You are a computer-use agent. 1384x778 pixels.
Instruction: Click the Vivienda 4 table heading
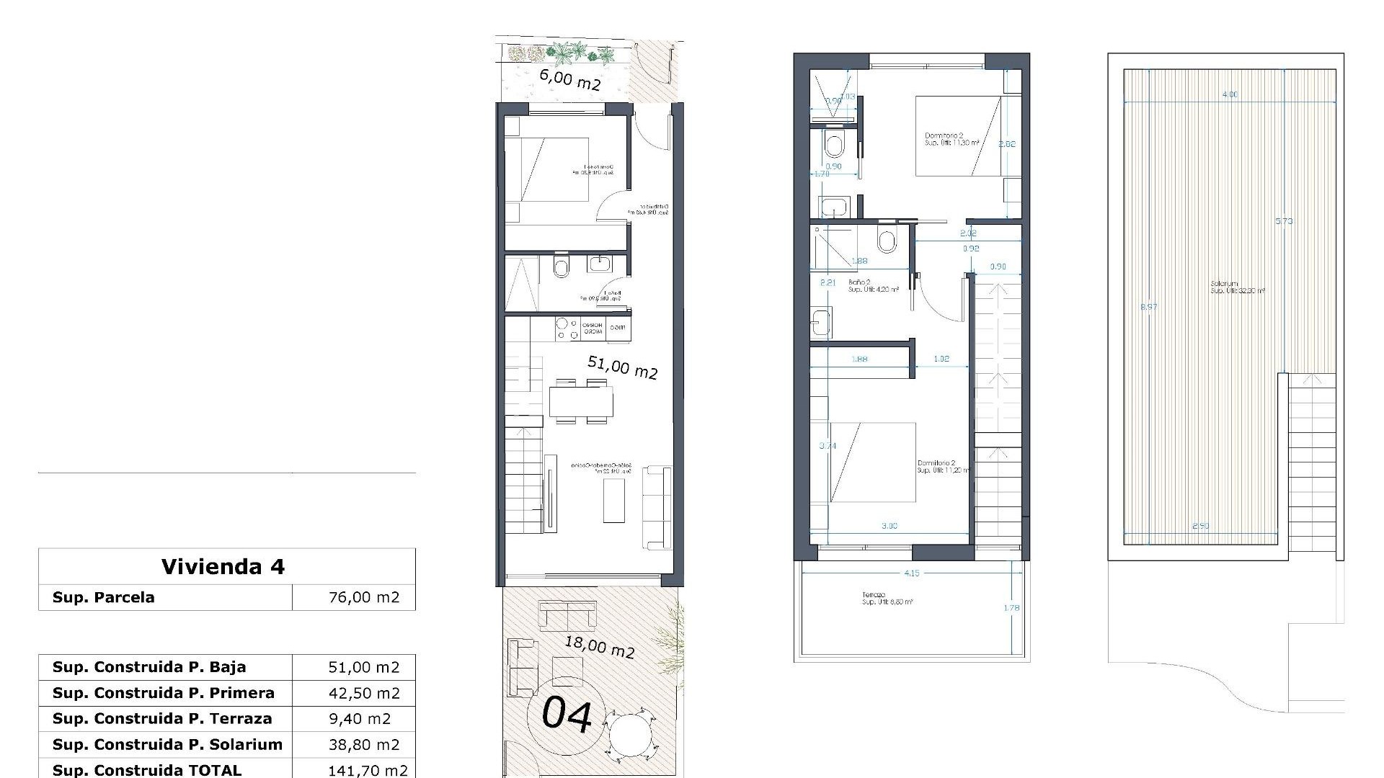coord(223,567)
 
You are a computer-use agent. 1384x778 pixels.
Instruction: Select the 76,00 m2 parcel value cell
coord(363,598)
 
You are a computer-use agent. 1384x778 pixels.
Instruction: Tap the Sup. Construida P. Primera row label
coord(164,693)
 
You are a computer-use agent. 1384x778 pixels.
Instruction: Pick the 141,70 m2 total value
coord(368,770)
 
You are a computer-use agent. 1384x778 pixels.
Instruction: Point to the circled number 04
coord(567,715)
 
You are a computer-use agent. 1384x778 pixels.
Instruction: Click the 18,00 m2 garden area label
coord(599,646)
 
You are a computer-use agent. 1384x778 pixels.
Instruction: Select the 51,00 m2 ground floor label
coord(622,367)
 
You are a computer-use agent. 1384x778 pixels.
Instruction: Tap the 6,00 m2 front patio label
coord(569,79)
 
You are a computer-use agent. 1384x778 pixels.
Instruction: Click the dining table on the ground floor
coord(581,402)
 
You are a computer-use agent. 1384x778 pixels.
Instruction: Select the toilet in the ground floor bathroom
coord(561,268)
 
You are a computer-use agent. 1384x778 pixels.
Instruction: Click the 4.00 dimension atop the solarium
coord(1230,94)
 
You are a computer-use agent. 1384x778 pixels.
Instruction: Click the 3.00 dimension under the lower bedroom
coord(890,526)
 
